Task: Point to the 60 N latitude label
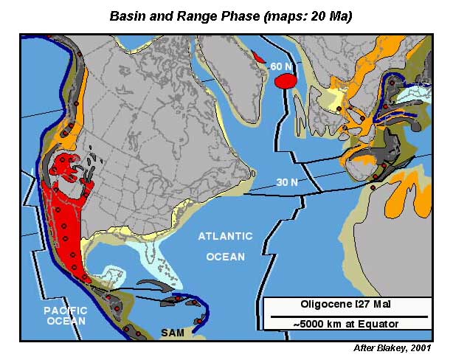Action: pos(281,66)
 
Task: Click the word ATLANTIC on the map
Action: pos(224,236)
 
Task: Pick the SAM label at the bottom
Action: pos(173,333)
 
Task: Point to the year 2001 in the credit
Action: pos(430,348)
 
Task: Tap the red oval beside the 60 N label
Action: pos(284,82)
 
